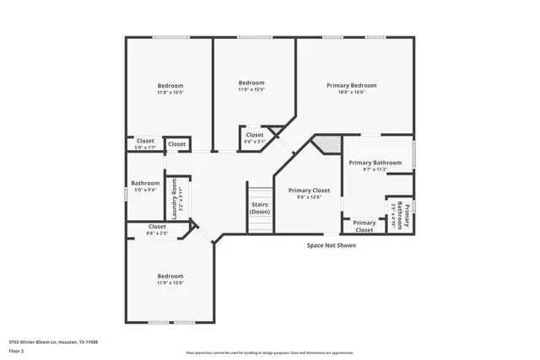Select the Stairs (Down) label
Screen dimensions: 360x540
click(x=260, y=208)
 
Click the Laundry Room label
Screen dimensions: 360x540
click(x=175, y=200)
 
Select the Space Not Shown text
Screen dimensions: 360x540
click(x=331, y=245)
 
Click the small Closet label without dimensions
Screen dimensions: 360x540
click(x=176, y=144)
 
